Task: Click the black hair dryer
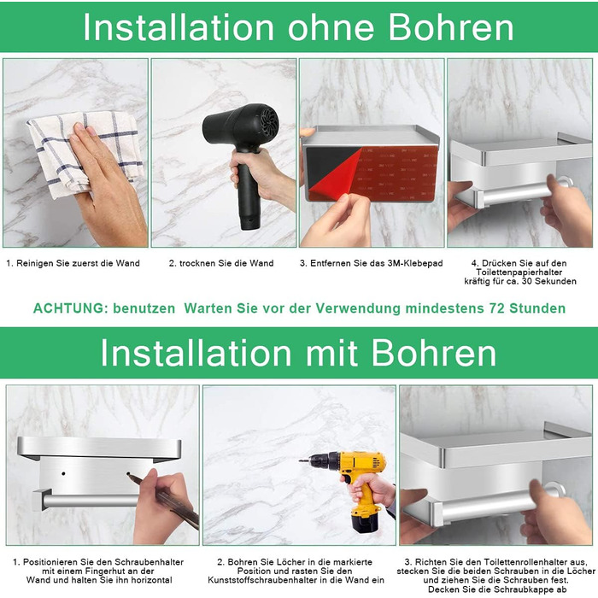(x=244, y=153)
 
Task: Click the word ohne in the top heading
(x=331, y=27)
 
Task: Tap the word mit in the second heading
(x=331, y=353)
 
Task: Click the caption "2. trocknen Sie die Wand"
(x=221, y=263)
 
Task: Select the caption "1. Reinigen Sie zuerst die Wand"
(x=73, y=263)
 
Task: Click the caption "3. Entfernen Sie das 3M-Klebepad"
(x=371, y=263)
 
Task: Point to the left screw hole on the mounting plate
(x=63, y=473)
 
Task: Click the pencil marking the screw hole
(x=163, y=495)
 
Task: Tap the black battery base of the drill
(x=365, y=523)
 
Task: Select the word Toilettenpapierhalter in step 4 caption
(x=519, y=273)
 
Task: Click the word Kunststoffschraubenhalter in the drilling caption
(x=262, y=580)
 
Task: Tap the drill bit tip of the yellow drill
(x=300, y=461)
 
